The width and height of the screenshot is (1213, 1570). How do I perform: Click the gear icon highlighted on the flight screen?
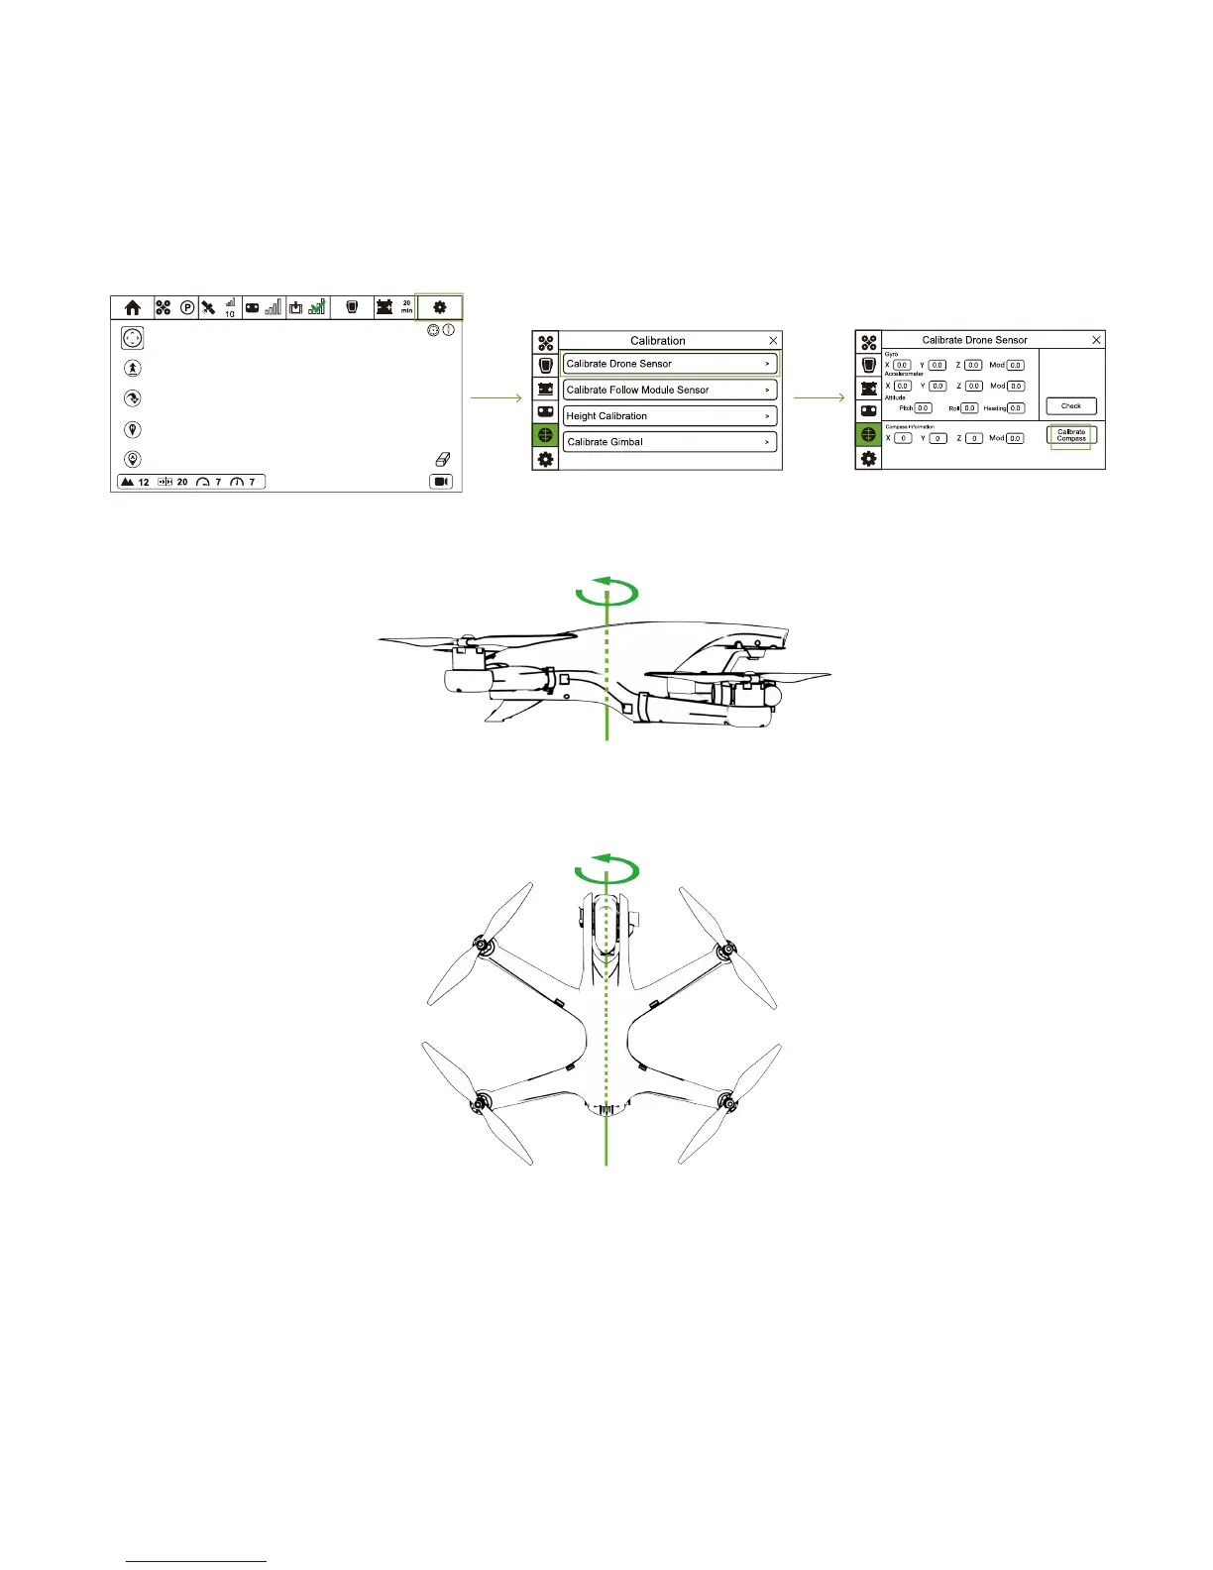click(440, 308)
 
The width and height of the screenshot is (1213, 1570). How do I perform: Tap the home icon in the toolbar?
click(133, 308)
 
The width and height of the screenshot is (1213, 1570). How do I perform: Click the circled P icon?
click(187, 308)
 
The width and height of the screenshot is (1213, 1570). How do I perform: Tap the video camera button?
click(441, 482)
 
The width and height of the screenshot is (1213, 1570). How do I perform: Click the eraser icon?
click(443, 460)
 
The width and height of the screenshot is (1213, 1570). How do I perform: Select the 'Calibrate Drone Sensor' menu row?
click(670, 364)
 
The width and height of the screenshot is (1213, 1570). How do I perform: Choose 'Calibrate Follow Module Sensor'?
click(670, 390)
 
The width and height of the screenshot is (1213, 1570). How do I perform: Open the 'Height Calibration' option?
click(670, 416)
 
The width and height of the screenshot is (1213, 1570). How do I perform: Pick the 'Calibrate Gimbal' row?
click(670, 442)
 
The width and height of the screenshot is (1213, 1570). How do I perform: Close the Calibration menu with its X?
click(774, 340)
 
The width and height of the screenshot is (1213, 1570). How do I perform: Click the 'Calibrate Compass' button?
click(1071, 435)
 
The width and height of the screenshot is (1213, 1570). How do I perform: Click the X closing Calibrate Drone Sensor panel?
click(1096, 340)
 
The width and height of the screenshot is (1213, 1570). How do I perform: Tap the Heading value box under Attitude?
click(1016, 408)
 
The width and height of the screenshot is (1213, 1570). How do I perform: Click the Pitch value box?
click(923, 408)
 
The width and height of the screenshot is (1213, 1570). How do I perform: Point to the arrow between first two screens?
click(496, 398)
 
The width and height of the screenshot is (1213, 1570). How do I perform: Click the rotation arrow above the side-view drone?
click(606, 594)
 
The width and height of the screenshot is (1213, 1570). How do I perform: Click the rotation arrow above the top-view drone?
click(606, 871)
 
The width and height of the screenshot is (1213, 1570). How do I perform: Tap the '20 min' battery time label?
click(406, 307)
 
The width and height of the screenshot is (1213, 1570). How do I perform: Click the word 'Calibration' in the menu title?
click(658, 340)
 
